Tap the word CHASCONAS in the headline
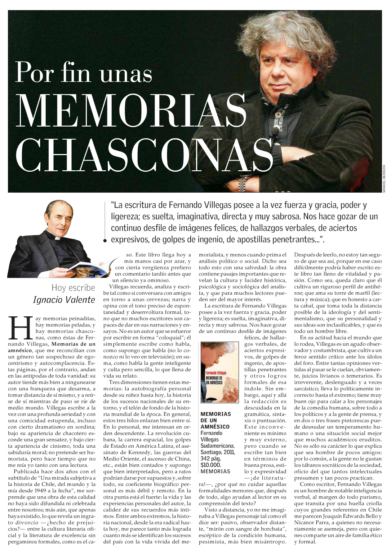pos(144,155)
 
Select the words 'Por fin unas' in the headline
pos(84,73)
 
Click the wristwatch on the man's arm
pos(242,184)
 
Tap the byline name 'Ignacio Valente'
pos(64,300)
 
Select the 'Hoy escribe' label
pos(73,288)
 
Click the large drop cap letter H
pos(20,328)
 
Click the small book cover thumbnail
pos(219,372)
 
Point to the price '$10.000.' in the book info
pos(210,465)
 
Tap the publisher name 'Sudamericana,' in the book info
pos(217,446)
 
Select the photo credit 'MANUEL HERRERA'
pos(384,178)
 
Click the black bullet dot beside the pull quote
pos(105,240)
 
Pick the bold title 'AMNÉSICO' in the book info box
pos(215,427)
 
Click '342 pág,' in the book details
pos(210,458)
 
